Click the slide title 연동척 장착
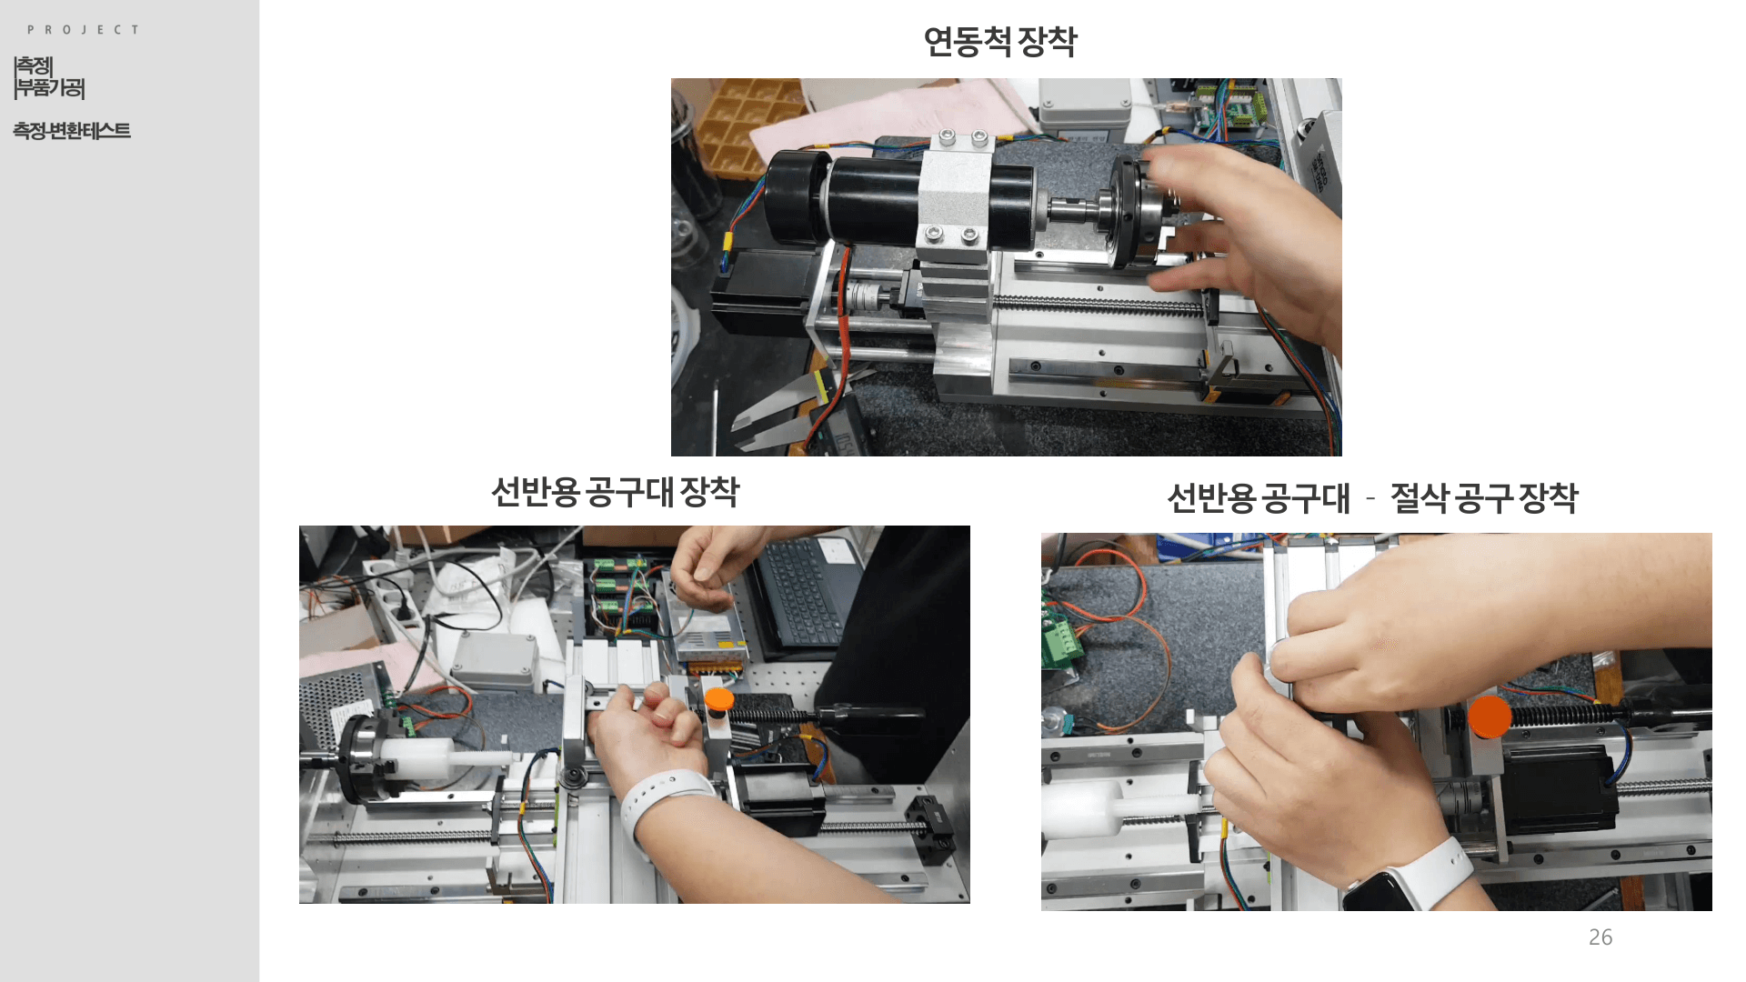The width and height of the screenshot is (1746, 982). [1000, 42]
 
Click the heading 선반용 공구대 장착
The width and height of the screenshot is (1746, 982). [616, 492]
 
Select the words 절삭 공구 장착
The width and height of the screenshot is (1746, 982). [1484, 497]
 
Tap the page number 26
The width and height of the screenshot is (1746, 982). [1600, 937]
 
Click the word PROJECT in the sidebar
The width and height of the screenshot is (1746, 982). [83, 30]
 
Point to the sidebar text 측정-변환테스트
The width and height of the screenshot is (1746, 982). [72, 131]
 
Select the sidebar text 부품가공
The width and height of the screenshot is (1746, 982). [50, 88]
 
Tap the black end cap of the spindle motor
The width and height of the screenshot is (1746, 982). [793, 197]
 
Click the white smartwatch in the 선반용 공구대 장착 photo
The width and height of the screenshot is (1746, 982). [668, 801]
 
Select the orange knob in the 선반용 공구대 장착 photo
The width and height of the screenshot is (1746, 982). [718, 699]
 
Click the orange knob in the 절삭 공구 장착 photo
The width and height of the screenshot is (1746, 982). [1489, 716]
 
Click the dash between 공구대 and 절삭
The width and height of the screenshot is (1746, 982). [1370, 498]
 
